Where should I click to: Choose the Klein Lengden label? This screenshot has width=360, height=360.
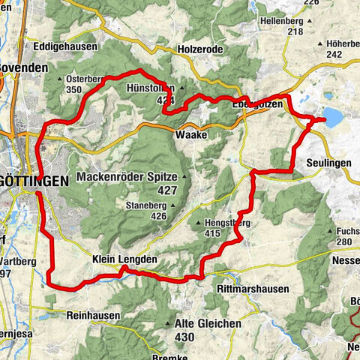(124, 259)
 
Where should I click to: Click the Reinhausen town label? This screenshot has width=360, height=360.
(93, 316)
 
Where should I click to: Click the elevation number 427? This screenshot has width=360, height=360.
(168, 191)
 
